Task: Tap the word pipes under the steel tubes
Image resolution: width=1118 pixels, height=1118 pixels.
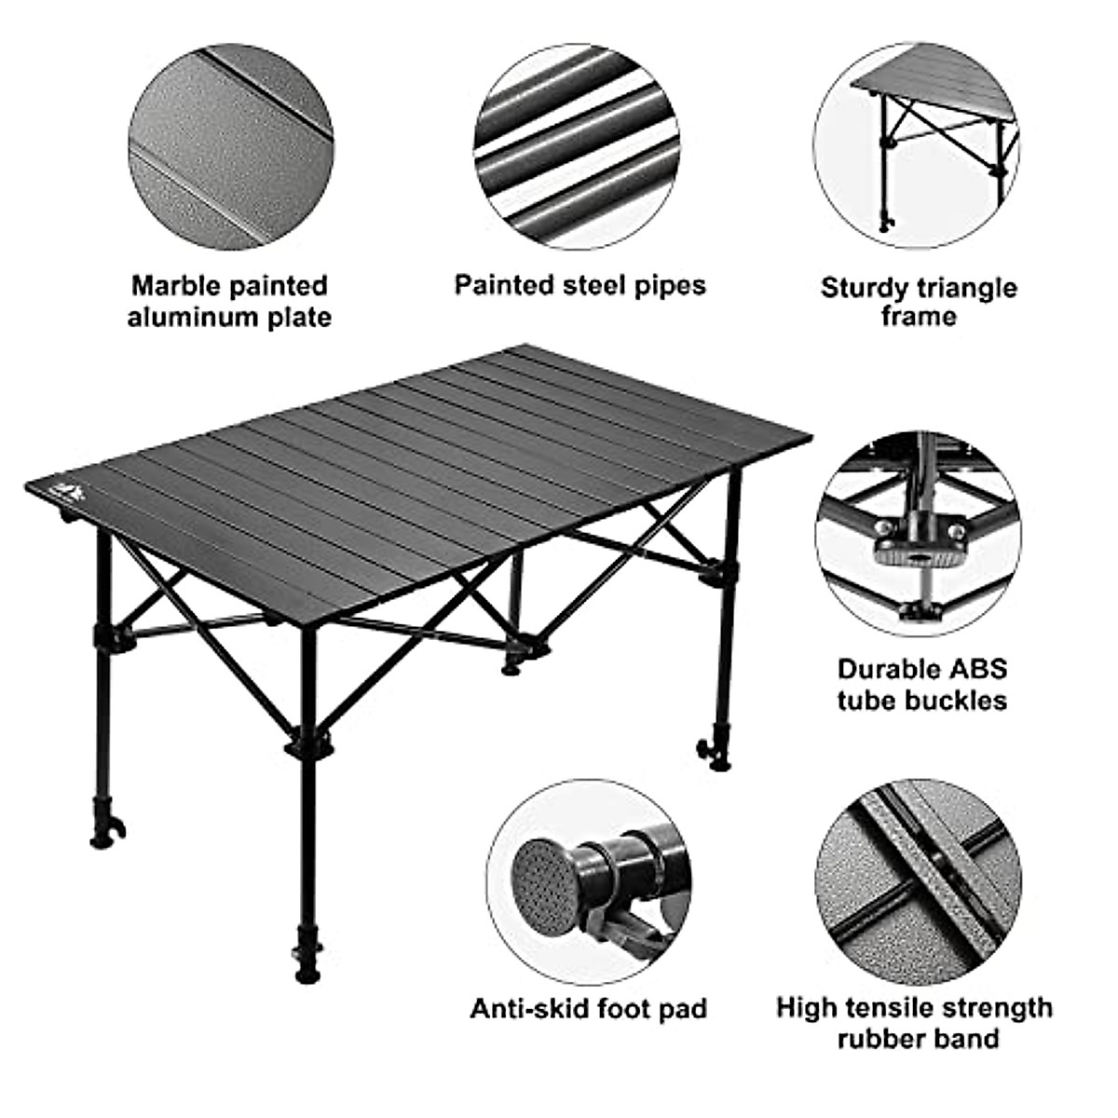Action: click(663, 285)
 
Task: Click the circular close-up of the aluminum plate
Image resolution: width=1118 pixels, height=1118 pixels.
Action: click(230, 146)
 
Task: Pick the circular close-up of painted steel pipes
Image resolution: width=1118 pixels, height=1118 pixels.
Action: click(575, 146)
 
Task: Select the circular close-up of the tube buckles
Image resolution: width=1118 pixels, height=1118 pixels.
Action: click(918, 533)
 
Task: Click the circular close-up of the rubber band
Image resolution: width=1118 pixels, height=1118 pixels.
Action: click(918, 881)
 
